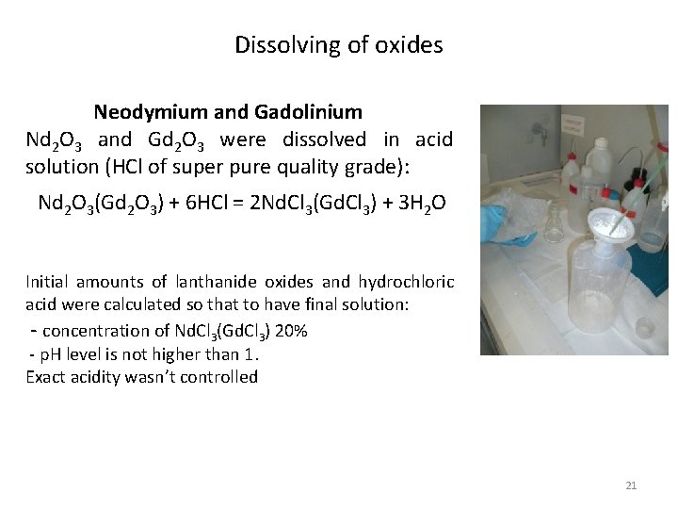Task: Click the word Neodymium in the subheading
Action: tap(151, 112)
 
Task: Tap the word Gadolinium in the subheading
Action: tap(308, 112)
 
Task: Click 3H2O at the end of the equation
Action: tap(419, 203)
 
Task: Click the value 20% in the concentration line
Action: tap(290, 331)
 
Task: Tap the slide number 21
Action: tap(631, 485)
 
